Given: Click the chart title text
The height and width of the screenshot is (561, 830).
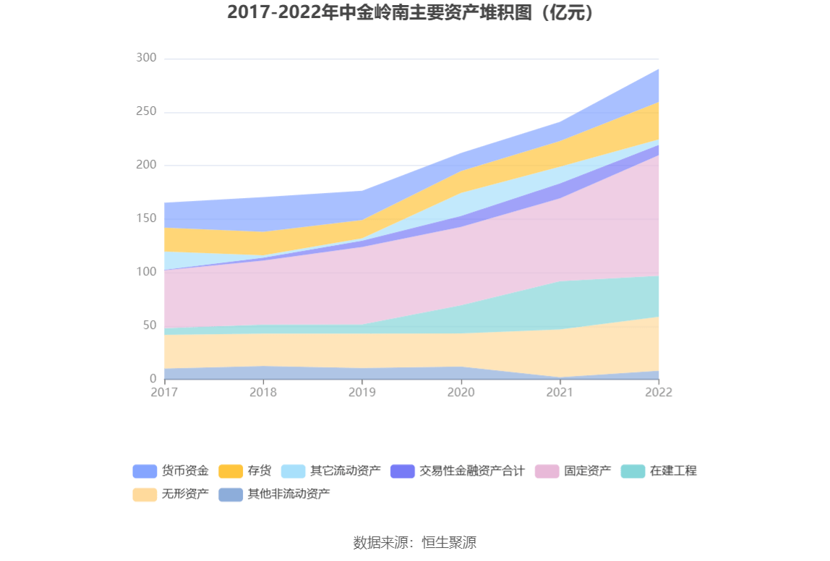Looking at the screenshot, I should point(414,13).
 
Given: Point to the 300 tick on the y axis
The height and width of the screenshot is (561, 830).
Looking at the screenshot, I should point(146,58).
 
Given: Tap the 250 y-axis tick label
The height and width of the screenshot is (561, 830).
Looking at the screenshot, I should point(146,111).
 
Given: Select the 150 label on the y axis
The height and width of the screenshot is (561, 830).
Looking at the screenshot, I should point(146,218).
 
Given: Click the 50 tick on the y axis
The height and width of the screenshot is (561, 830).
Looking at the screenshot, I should point(149,325).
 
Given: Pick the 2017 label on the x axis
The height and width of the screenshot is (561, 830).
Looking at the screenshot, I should point(164,392).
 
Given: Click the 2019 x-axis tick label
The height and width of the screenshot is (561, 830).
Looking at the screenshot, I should point(361,392).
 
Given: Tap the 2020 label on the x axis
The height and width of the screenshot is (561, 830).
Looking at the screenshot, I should point(461,392).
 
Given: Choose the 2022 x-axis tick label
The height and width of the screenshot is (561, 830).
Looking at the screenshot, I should point(659,392).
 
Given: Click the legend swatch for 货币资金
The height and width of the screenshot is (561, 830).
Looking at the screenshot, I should point(145,471).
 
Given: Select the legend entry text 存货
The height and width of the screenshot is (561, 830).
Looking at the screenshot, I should point(259,471).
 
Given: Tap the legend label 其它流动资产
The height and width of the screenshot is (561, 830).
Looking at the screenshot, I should point(345,471).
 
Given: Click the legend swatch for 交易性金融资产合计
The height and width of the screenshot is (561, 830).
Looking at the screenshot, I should point(402,471).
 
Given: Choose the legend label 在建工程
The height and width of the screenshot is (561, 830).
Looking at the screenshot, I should point(673,471).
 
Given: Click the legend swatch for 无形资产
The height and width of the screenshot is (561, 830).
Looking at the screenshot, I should point(145,494).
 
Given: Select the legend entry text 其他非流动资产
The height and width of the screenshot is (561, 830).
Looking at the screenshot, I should point(288,494).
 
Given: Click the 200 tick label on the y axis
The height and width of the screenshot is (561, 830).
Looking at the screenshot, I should point(146,165).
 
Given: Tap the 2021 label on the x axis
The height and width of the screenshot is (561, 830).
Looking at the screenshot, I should point(560,392).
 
